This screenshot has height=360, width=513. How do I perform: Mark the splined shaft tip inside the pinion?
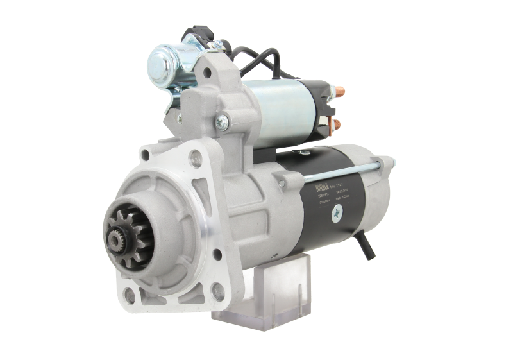pos(117,243)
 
